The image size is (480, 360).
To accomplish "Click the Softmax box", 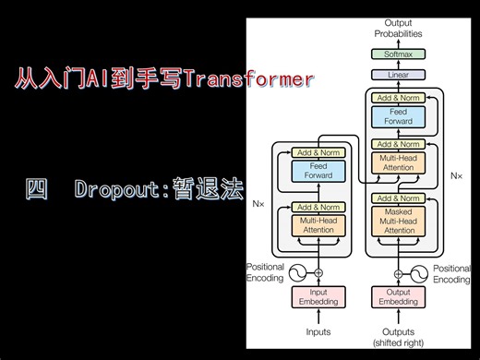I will pyautogui.click(x=398, y=55).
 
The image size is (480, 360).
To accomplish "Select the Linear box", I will pyautogui.click(x=398, y=74).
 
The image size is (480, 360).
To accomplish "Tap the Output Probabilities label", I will pyautogui.click(x=398, y=28).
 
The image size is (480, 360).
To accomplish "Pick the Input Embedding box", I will pyautogui.click(x=318, y=296).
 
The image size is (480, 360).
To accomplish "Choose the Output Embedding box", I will pyautogui.click(x=398, y=296).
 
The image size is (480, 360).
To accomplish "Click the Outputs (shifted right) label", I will pyautogui.click(x=398, y=337).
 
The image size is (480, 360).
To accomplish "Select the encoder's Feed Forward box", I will pyautogui.click(x=318, y=170).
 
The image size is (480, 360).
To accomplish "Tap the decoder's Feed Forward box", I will pyautogui.click(x=398, y=117).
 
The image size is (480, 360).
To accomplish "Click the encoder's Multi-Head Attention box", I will pyautogui.click(x=318, y=223).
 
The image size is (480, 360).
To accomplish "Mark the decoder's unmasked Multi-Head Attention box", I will pyautogui.click(x=398, y=162).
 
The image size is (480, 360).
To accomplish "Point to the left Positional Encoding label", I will pyautogui.click(x=265, y=272).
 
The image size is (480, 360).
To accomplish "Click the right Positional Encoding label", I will pyautogui.click(x=451, y=273).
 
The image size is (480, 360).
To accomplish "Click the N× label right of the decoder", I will pyautogui.click(x=455, y=174).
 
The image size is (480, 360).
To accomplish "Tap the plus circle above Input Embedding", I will pyautogui.click(x=318, y=273).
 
